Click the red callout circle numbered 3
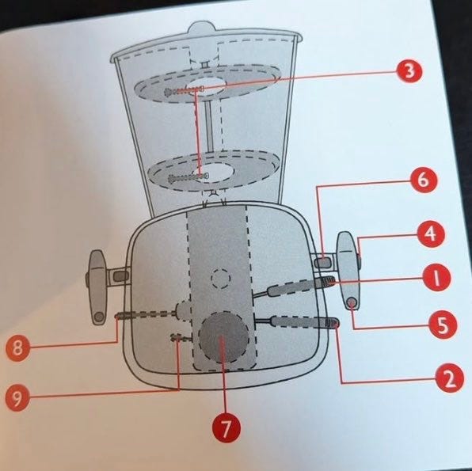click(x=409, y=71)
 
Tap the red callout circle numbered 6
click(x=424, y=180)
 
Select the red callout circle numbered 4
click(x=431, y=234)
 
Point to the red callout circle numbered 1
click(x=436, y=278)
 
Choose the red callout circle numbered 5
click(x=443, y=325)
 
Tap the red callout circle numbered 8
click(x=17, y=348)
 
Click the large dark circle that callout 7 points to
click(x=223, y=337)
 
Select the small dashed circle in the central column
click(x=221, y=279)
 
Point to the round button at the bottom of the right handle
click(x=352, y=302)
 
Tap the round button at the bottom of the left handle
click(x=98, y=317)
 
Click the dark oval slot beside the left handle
click(x=120, y=275)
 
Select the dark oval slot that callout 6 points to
click(x=322, y=261)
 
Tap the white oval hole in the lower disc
click(x=214, y=173)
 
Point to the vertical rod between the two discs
click(x=209, y=126)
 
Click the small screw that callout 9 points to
click(x=177, y=338)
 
